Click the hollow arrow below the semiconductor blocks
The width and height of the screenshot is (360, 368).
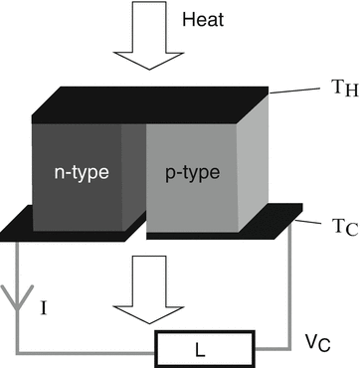tap(146, 288)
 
